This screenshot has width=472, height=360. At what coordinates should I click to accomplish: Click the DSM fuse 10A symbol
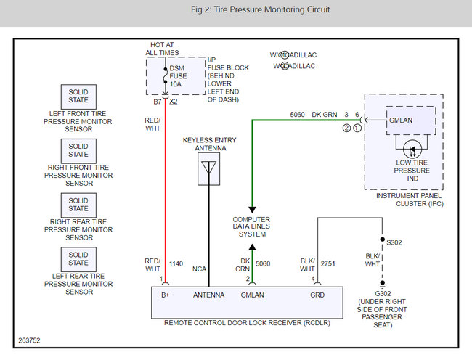point(166,75)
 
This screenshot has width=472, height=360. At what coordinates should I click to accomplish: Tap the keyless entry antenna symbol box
point(208,168)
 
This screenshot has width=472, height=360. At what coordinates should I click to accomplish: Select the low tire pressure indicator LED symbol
point(412,150)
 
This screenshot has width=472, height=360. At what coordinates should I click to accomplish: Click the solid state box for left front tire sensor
point(78,97)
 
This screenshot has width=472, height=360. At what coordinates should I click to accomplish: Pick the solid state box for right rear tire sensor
point(78,205)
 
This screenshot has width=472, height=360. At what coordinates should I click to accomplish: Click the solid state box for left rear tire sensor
point(78,259)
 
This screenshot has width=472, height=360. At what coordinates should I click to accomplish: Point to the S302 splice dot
point(382,240)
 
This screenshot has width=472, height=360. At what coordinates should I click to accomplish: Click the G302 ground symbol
point(382,285)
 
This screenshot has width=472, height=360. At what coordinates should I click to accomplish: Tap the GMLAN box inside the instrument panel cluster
point(411,120)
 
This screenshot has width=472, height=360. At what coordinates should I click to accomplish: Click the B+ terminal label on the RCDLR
point(166,295)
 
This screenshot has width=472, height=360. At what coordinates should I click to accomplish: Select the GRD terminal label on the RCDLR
point(317,295)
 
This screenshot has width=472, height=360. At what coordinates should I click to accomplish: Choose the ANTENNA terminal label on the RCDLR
point(208,295)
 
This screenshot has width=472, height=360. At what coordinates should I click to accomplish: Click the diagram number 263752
point(29,340)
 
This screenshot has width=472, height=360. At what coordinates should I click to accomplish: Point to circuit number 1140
point(176,263)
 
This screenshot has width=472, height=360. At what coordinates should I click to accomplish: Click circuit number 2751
point(327,263)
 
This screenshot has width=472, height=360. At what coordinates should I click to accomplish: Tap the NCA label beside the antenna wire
point(199,269)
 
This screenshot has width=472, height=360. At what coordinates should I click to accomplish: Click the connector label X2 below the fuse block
point(174,102)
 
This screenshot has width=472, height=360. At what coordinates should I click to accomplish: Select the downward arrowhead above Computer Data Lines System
point(252,210)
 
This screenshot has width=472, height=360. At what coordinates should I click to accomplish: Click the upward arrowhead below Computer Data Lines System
point(252,247)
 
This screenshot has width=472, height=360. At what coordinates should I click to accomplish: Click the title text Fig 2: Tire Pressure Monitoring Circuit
point(261,9)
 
